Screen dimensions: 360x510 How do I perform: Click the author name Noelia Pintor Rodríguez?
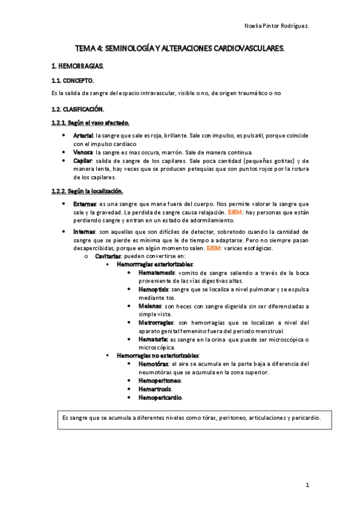point(277,26)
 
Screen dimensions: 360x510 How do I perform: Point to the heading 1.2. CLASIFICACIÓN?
point(78,109)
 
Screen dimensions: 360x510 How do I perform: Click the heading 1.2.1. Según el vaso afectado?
point(90,123)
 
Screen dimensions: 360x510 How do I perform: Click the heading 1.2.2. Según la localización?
point(87,191)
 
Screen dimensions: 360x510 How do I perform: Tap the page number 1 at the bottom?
point(307,484)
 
